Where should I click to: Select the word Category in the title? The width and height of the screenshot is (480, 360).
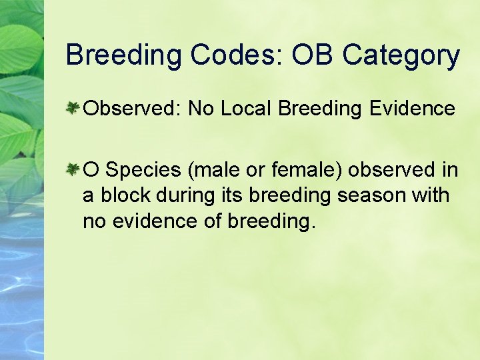click(401, 55)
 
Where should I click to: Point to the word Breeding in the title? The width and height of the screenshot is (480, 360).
click(123, 55)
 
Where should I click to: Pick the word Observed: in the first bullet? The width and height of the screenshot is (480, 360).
click(133, 108)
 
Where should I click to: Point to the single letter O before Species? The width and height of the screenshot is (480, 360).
click(91, 171)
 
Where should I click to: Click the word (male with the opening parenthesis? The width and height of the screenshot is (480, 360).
click(212, 171)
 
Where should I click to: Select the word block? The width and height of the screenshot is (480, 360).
click(122, 197)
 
